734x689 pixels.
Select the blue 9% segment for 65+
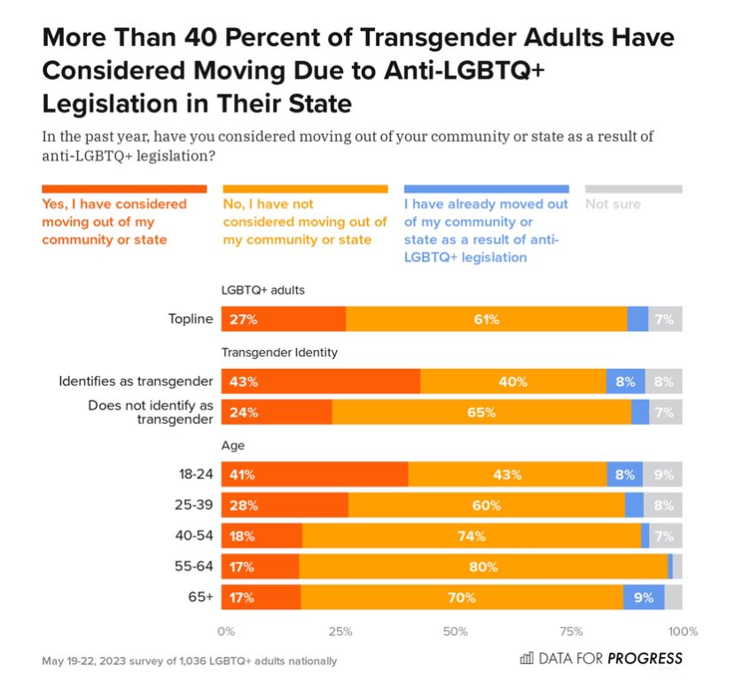click(x=644, y=598)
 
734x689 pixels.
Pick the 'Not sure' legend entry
click(x=613, y=204)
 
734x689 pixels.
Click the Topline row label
click(x=191, y=319)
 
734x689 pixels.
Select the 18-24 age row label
click(x=197, y=474)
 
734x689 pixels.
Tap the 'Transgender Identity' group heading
click(x=279, y=352)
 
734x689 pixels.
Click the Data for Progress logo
click(x=601, y=658)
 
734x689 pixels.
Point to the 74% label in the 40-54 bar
click(x=472, y=536)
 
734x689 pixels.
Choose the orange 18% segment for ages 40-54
click(x=262, y=536)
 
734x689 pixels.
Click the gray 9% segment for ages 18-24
click(x=663, y=475)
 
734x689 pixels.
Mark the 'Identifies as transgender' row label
click(x=136, y=381)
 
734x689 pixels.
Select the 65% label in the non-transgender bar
click(x=482, y=413)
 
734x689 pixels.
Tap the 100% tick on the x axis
click(x=683, y=631)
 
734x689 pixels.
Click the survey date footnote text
click(x=189, y=661)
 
